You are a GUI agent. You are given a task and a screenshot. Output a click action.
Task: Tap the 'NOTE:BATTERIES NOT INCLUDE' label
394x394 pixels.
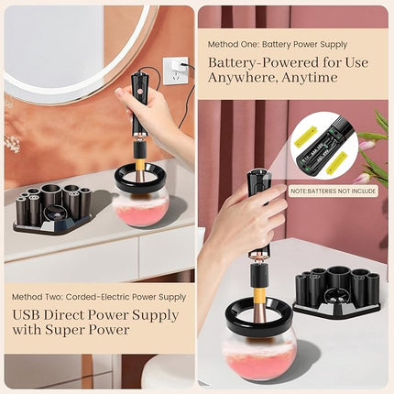(x=332, y=192)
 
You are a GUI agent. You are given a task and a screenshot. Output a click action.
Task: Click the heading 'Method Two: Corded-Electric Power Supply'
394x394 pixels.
(x=98, y=297)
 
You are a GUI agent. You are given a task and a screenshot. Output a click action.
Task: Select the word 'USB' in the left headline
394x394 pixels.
(x=28, y=314)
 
